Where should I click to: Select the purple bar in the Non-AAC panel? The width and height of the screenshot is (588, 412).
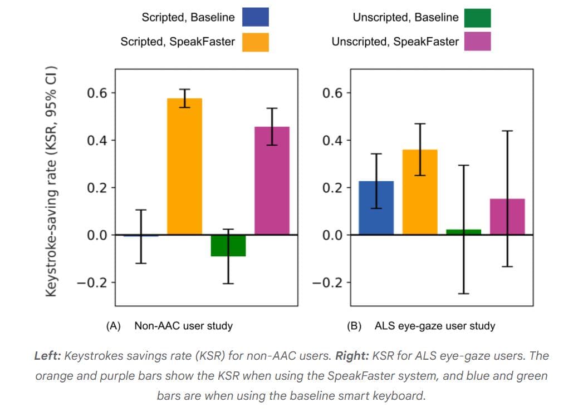pos(272,180)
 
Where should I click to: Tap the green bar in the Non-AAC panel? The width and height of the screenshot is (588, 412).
pos(228,245)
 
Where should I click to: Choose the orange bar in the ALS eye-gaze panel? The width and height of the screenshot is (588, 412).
pos(420,192)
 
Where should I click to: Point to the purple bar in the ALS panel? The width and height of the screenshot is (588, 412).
pos(507,216)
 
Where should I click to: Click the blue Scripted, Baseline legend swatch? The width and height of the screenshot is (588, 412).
pos(255,17)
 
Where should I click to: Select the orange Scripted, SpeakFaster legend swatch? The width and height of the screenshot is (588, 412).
pos(255,42)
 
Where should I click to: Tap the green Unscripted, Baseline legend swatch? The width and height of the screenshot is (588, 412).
pos(477,17)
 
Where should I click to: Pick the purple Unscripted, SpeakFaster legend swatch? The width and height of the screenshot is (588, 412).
pos(477,42)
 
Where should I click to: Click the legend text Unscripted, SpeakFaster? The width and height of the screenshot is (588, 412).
pos(395,42)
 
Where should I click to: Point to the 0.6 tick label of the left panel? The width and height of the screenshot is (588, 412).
pos(97,92)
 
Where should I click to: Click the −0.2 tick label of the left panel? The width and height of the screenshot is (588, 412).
pos(93,282)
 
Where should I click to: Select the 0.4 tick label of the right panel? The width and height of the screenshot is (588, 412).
pos(333,140)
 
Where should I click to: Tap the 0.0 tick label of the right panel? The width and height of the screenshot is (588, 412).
pos(333,235)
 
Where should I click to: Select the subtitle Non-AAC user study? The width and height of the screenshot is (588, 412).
pos(183,326)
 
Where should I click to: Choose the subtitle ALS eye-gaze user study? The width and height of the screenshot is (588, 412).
pos(435,326)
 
